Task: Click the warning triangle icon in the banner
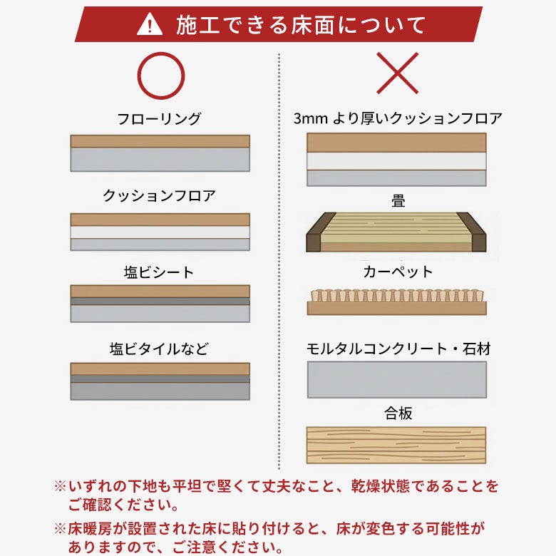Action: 150,24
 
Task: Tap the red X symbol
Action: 398,73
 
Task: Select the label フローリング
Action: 159,119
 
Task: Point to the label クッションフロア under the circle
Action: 159,195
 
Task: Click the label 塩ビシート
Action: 159,272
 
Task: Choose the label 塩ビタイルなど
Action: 159,349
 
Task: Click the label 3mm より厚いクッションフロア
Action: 398,118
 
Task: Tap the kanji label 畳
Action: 398,201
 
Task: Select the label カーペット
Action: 398,272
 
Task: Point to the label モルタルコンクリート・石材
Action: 398,349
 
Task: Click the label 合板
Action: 398,413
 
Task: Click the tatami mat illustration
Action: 396,232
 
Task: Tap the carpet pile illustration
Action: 397,302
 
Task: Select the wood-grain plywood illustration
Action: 396,445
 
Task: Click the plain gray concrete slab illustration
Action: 397,380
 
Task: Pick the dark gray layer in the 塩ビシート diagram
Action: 160,301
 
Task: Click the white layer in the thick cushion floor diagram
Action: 396,161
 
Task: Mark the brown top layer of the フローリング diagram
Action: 160,141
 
